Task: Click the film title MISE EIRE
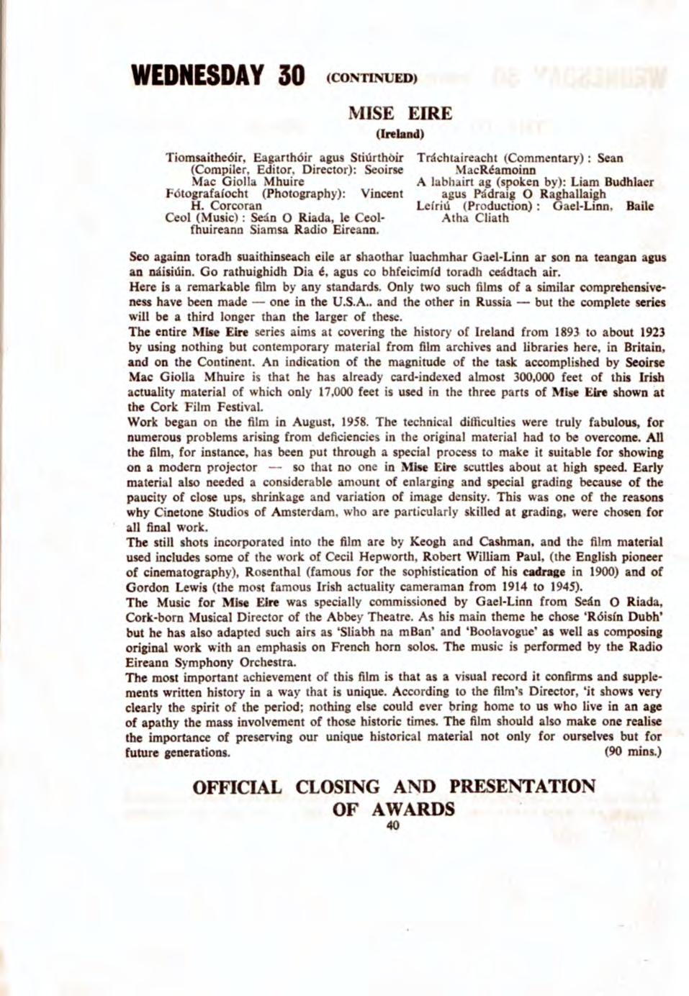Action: pyautogui.click(x=400, y=114)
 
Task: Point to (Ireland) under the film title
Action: pyautogui.click(x=400, y=133)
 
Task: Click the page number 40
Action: pyautogui.click(x=392, y=825)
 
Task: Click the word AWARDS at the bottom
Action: pyautogui.click(x=417, y=808)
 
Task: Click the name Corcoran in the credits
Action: pyautogui.click(x=229, y=207)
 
